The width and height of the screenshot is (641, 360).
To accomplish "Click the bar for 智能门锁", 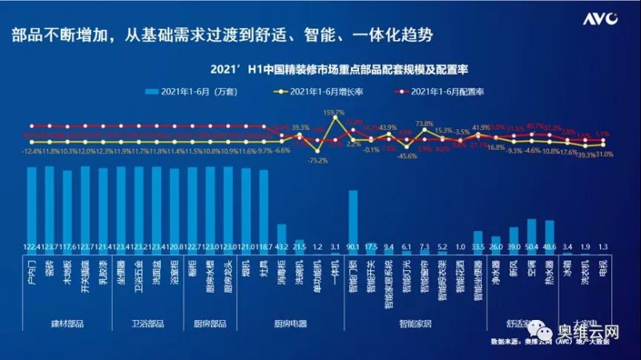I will (x=352, y=216).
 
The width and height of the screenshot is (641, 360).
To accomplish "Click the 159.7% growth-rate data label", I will (x=333, y=113).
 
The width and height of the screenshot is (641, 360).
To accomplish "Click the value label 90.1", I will (x=352, y=248).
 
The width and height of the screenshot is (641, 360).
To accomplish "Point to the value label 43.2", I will (x=282, y=248).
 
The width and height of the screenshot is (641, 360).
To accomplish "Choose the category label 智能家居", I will (x=415, y=326).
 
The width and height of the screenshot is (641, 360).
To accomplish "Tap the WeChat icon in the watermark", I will (x=546, y=330).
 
